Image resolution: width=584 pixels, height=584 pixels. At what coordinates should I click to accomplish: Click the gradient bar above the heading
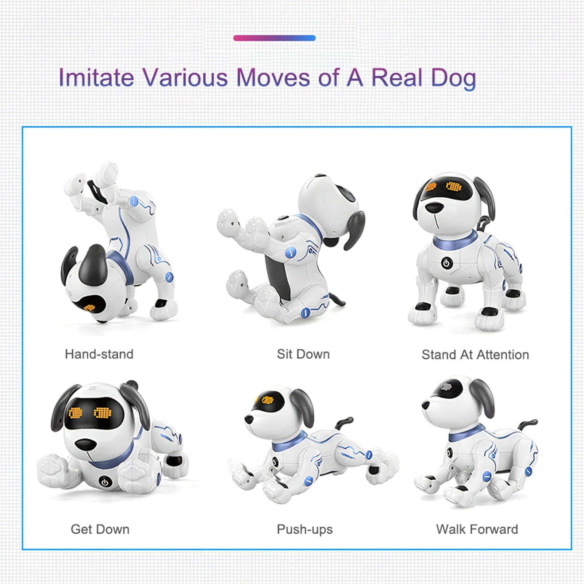click(274, 38)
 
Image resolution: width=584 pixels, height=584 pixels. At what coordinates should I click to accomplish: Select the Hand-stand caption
click(99, 354)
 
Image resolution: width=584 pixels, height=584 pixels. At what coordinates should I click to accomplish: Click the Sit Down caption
click(303, 354)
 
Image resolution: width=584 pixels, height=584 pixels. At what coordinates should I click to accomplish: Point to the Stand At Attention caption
click(475, 354)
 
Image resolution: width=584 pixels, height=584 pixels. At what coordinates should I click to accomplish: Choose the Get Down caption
click(100, 529)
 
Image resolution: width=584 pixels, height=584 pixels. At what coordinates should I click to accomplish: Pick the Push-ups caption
click(305, 529)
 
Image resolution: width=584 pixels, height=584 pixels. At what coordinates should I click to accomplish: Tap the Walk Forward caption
click(477, 529)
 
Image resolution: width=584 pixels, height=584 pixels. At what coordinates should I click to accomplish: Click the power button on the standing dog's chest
click(447, 262)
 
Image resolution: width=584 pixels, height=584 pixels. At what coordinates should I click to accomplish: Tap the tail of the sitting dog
click(338, 299)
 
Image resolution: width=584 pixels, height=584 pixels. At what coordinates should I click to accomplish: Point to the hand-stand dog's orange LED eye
click(89, 307)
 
